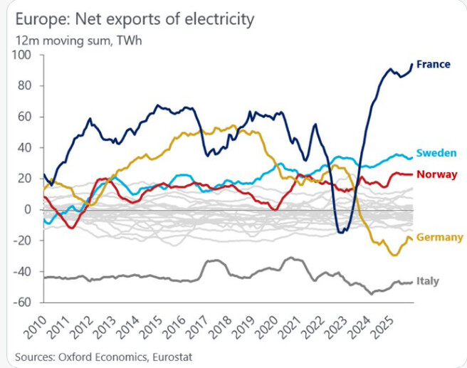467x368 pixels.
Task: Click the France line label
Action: (x=433, y=64)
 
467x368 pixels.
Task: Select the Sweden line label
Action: (x=436, y=153)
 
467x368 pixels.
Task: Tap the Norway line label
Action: (x=436, y=174)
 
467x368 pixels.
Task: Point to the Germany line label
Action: (x=439, y=237)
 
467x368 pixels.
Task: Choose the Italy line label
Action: (x=428, y=281)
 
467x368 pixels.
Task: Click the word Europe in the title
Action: (x=38, y=19)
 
